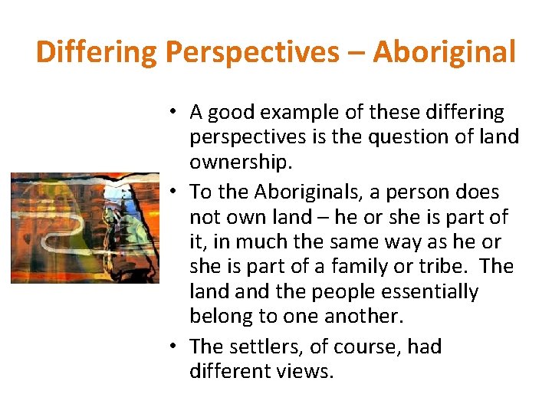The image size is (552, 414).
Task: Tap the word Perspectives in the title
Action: point(252,52)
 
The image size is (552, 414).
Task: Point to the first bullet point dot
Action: point(175,113)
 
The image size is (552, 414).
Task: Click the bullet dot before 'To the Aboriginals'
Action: point(175,192)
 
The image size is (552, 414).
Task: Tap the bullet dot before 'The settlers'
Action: point(175,347)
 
